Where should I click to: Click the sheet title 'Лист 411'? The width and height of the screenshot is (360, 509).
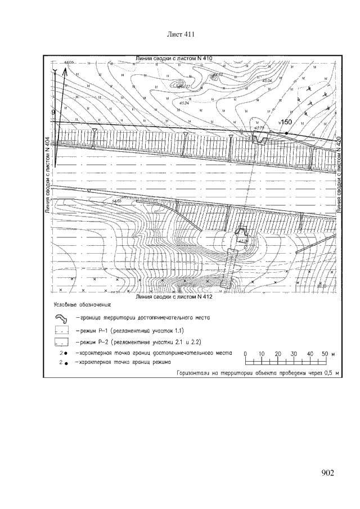[181, 35]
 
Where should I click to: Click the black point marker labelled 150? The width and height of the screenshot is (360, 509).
[286, 132]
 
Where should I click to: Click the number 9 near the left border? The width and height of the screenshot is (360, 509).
[53, 112]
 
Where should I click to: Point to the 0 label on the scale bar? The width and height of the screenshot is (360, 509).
[245, 353]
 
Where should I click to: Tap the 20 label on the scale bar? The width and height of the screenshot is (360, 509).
[277, 353]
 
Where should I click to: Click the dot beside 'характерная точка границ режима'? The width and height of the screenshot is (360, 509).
[66, 364]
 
